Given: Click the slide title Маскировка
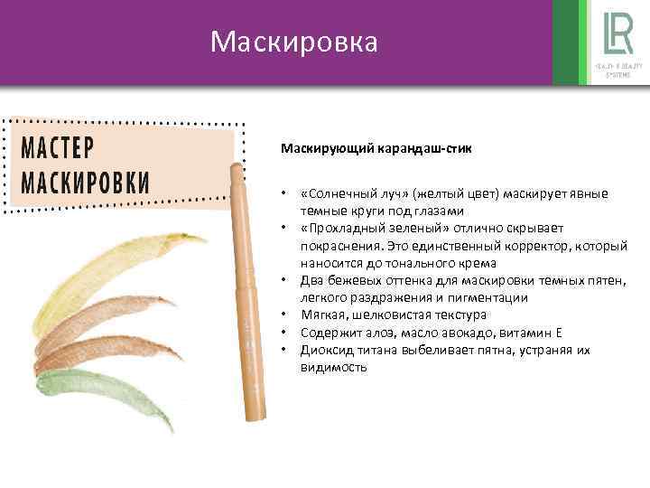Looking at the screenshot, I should [x=293, y=42].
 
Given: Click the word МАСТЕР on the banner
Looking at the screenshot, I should [x=62, y=147].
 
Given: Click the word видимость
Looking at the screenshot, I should [x=334, y=367].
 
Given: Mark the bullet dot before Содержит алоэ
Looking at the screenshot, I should [x=283, y=333].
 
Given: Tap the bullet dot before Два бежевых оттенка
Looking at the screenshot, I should [x=283, y=280].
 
